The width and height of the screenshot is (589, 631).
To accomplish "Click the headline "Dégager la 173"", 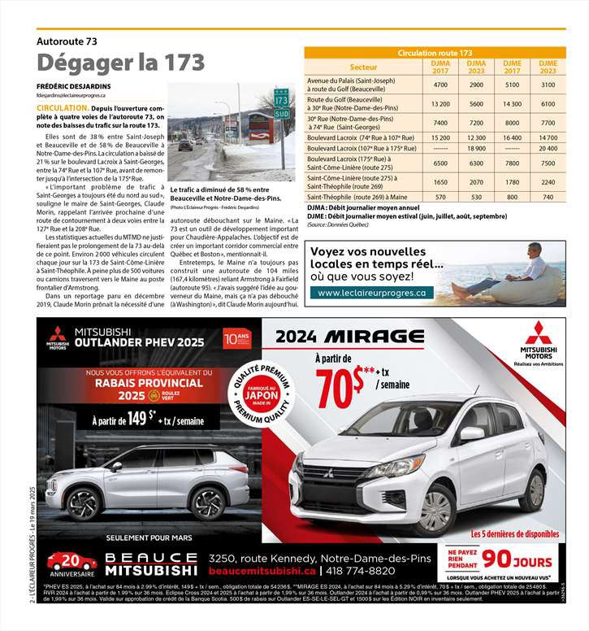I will tap(120, 63).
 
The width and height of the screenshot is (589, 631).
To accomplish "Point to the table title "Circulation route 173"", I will tap(435, 53).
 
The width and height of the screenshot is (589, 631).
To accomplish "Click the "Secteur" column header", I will tap(362, 67).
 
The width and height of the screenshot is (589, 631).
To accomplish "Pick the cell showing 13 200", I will tap(441, 104).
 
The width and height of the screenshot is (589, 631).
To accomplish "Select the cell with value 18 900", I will tap(477, 149).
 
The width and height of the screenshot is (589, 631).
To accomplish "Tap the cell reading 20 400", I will tap(548, 149).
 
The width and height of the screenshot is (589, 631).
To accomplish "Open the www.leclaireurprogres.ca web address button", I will tap(371, 293).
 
